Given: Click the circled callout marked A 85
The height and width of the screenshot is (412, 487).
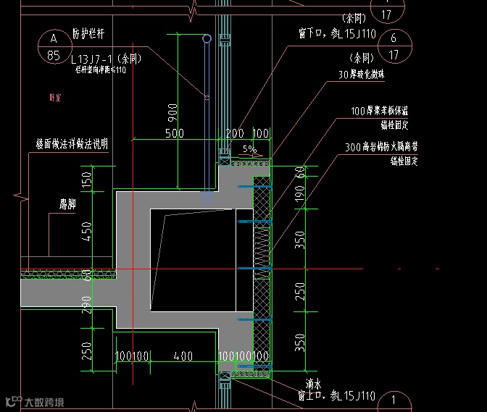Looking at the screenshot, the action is (x=53, y=46).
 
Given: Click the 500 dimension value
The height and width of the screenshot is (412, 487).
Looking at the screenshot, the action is (x=175, y=133).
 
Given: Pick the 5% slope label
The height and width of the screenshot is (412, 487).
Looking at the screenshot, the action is (x=249, y=149).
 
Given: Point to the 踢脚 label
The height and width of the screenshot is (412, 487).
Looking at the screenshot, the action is (x=68, y=205).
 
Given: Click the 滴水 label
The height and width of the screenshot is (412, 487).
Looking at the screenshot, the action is (x=313, y=384).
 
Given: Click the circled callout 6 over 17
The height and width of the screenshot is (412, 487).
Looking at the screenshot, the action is (x=394, y=46).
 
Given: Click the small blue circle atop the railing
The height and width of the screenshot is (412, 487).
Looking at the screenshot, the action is (x=207, y=38).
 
